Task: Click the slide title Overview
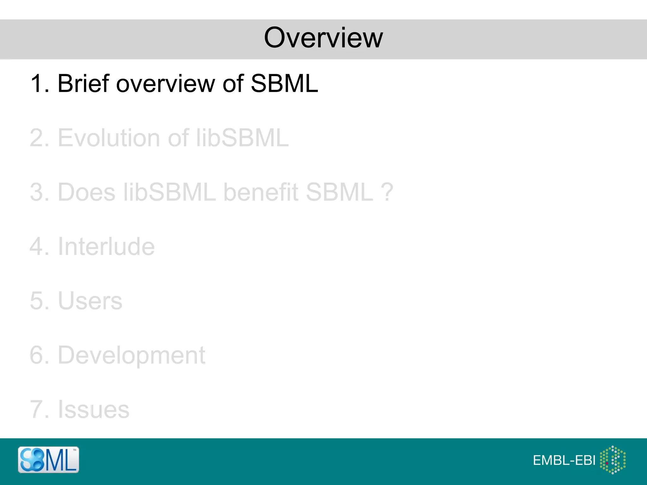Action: pos(323,38)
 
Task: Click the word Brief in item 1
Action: pos(83,84)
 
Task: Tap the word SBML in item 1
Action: pos(284,84)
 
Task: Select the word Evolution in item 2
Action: pos(109,138)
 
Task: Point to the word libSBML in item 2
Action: pos(242,138)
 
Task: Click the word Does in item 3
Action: pos(87,192)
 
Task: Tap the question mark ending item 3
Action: pos(387,192)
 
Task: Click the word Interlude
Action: pos(106,247)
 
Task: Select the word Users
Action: pos(90,301)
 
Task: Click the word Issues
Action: pos(94,410)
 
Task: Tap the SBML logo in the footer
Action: pos(48,460)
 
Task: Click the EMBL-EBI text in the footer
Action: pos(564,460)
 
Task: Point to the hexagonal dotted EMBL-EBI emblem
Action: pos(613,460)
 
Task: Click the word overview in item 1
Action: pos(166,84)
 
